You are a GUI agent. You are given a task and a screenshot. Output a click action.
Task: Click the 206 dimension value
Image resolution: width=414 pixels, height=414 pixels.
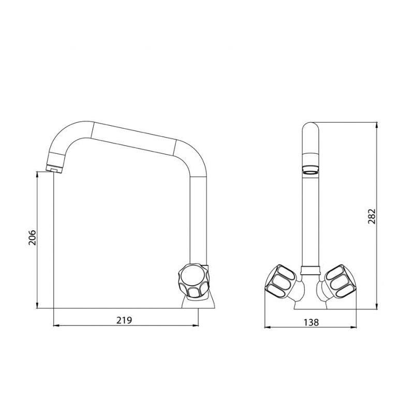click(x=32, y=238)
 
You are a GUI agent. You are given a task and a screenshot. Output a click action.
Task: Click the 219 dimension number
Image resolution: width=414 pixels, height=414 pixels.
click(x=124, y=320)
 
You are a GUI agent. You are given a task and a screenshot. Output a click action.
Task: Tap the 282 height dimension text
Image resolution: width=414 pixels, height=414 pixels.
click(x=372, y=216)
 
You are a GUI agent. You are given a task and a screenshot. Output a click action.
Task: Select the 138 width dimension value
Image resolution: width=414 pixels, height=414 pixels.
click(x=311, y=322)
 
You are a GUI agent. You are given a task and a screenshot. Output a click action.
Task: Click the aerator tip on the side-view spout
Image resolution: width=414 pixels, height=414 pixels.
click(x=54, y=169)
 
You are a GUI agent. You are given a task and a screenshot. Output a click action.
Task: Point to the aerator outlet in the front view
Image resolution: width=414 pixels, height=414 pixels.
click(x=310, y=170)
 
